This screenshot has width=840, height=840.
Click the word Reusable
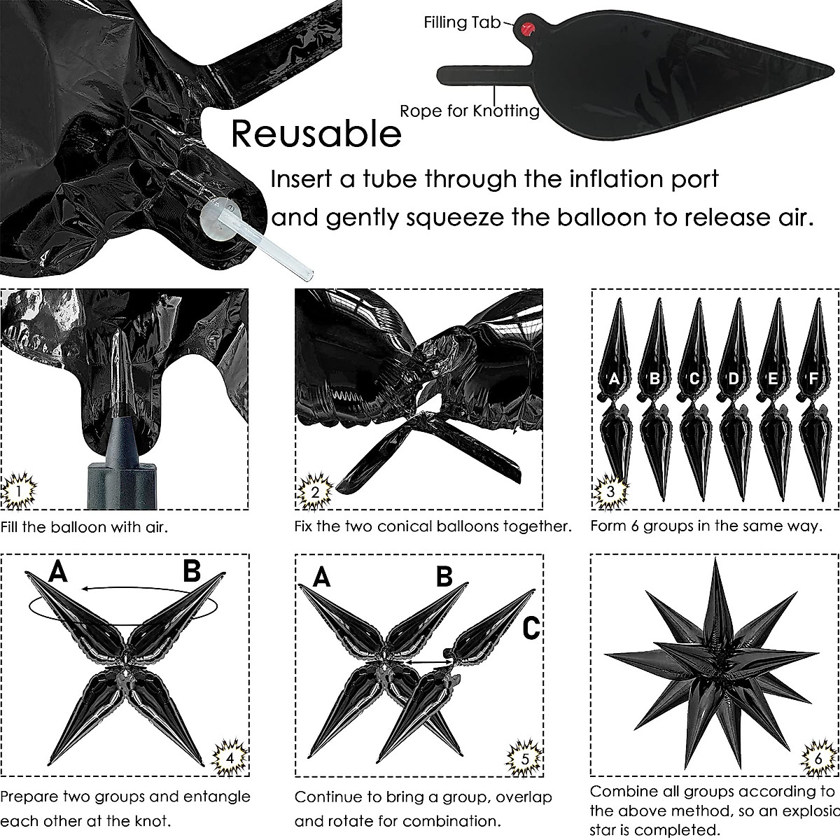[316, 133]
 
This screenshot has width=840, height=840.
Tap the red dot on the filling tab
[527, 28]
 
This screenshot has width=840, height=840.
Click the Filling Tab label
[462, 22]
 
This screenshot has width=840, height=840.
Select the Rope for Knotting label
[469, 111]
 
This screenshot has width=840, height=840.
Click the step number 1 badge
[18, 491]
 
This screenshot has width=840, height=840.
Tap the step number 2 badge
[314, 491]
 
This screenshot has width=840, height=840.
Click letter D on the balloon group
[734, 379]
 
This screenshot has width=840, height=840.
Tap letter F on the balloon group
[813, 379]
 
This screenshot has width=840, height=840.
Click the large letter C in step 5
[532, 628]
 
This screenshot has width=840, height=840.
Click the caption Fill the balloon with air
[84, 526]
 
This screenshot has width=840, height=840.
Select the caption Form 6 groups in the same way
[706, 526]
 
